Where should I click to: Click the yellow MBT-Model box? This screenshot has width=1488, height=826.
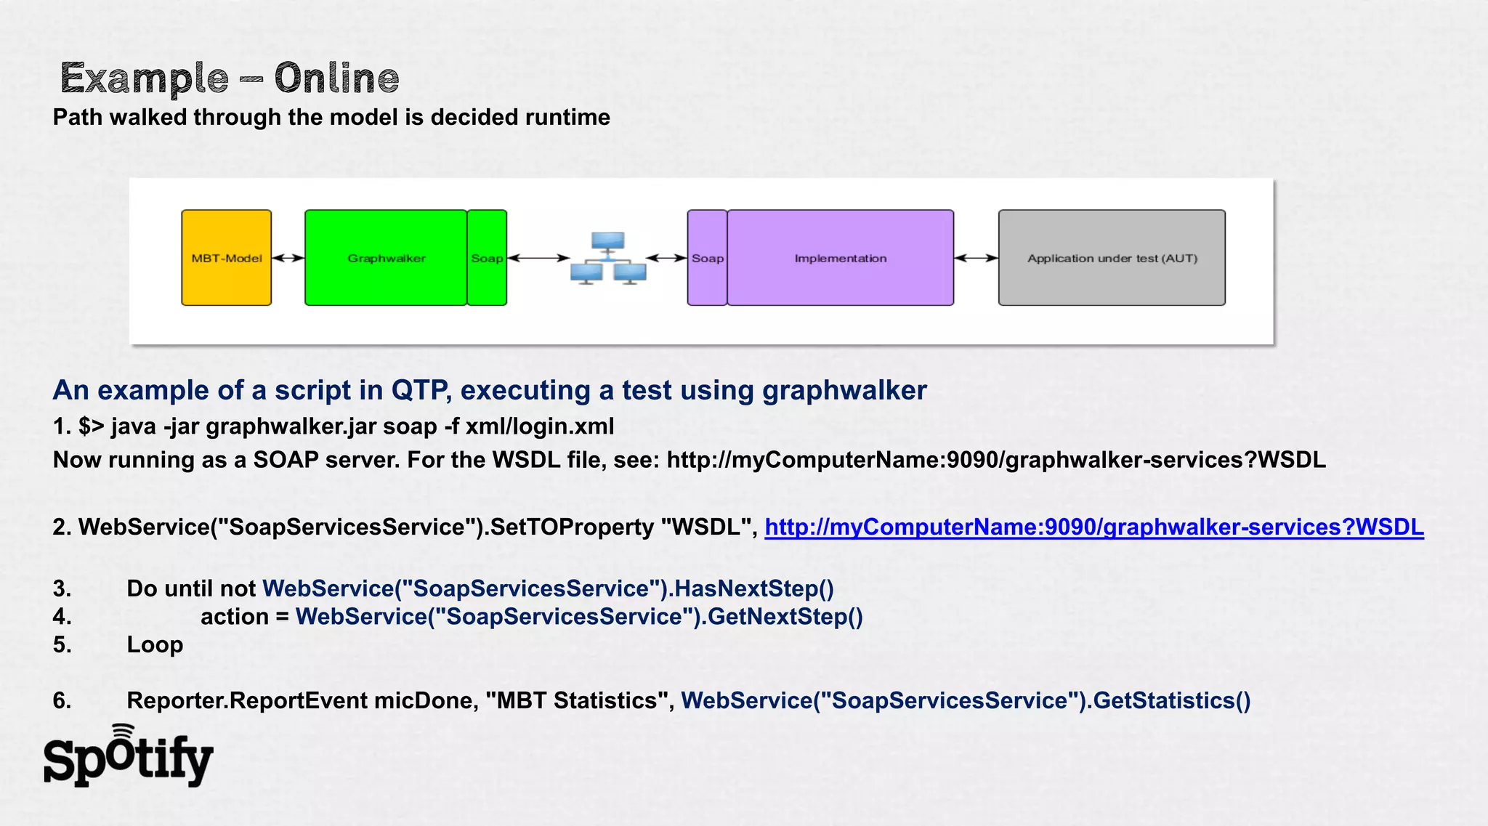click(x=226, y=258)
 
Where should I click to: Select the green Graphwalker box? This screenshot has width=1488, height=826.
click(x=386, y=258)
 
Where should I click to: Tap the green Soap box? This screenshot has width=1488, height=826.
click(x=487, y=258)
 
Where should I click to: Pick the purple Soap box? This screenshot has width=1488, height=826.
click(x=707, y=258)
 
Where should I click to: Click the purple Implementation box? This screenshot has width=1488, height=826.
click(x=841, y=258)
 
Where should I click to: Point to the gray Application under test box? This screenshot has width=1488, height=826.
click(x=1112, y=258)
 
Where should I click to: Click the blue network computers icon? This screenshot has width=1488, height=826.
click(x=608, y=259)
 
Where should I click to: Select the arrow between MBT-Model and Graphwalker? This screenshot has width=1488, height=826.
click(x=288, y=258)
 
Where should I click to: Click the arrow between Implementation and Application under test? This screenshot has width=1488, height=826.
click(x=976, y=258)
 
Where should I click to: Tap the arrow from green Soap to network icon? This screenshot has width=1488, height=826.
click(x=538, y=258)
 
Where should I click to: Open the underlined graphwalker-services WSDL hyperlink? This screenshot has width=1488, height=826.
click(x=1093, y=527)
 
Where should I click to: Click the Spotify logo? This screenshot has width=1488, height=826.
click(x=128, y=757)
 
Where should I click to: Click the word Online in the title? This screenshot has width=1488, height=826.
click(x=336, y=78)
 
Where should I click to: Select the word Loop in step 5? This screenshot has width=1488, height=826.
click(x=155, y=644)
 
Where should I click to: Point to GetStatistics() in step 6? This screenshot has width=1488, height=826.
click(x=1171, y=700)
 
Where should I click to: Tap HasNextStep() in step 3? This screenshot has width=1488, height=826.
click(x=753, y=588)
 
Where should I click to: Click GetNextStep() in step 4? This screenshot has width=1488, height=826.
click(x=785, y=617)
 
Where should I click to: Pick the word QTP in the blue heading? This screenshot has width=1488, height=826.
click(x=420, y=390)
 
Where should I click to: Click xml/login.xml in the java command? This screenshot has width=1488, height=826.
click(x=540, y=426)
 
